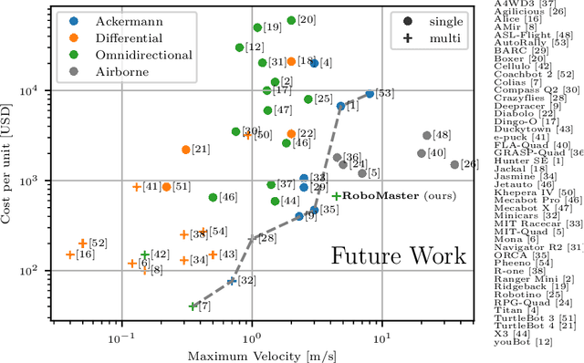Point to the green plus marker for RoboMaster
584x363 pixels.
pos(336,196)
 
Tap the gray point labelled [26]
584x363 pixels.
pos(454,165)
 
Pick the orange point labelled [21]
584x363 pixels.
pos(185,150)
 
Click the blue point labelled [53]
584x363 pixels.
pos(370,94)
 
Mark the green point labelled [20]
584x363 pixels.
pos(291,20)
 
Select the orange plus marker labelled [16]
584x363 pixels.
pos(70,254)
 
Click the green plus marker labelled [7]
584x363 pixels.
pos(193,306)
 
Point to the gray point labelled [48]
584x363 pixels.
pos(426,135)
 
